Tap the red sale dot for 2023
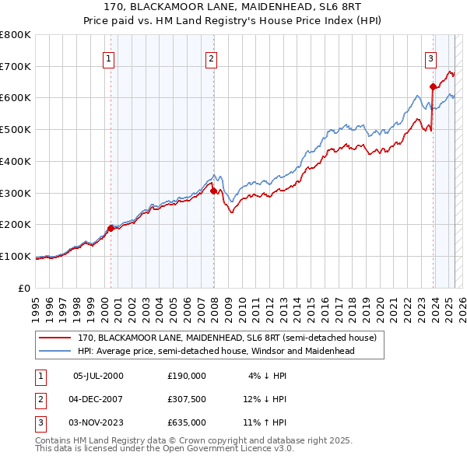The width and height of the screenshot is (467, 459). click(433, 86)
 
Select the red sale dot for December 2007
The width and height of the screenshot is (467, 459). click(213, 190)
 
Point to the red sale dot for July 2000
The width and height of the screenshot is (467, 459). click(111, 228)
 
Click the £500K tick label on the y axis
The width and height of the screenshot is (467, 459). click(16, 129)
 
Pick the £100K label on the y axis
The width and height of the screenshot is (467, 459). click(16, 256)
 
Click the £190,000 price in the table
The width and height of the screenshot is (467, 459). click(186, 375)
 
